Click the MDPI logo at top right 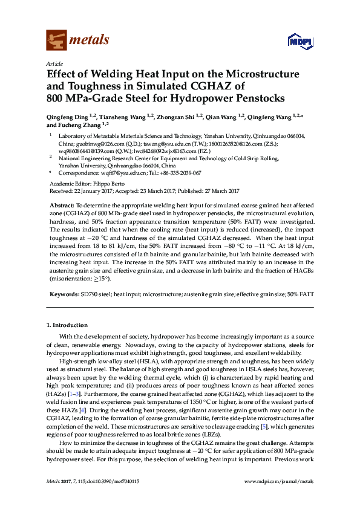click(301, 42)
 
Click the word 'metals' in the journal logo click(90, 41)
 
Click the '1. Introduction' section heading click(66, 325)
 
